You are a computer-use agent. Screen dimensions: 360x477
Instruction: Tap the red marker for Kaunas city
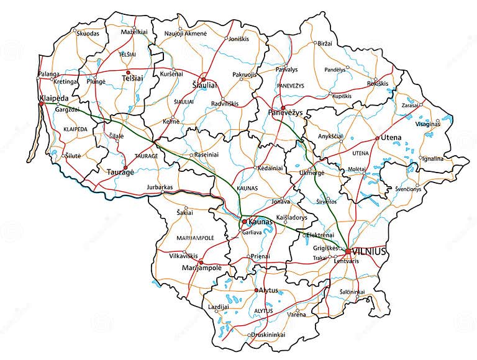point(244,222)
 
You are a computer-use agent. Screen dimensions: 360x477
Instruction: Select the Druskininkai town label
point(268,335)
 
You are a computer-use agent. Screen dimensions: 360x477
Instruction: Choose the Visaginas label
point(427,124)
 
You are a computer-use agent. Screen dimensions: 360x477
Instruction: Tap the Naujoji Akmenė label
point(185,33)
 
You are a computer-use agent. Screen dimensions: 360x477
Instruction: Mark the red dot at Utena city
point(377,138)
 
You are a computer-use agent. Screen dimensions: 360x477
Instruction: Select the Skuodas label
point(88,34)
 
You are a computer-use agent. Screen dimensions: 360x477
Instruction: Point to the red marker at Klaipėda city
point(41,104)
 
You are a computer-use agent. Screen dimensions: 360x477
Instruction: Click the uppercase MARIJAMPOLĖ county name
point(195,238)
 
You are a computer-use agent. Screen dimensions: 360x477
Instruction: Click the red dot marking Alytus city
point(256,290)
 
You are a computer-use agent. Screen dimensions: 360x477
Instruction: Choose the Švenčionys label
point(412,189)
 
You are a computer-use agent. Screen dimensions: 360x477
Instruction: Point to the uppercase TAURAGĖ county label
point(146,157)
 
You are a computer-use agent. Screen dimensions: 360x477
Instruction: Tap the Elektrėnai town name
point(320,235)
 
